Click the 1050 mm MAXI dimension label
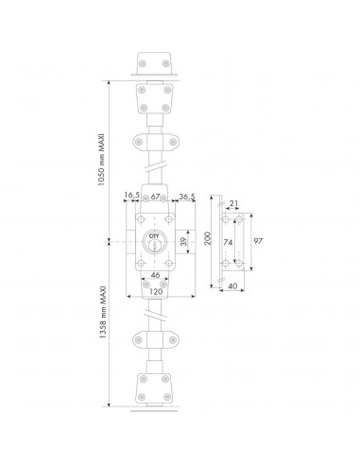pyautogui.click(x=101, y=160)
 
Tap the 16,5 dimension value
pyautogui.click(x=131, y=196)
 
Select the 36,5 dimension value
pyautogui.click(x=187, y=197)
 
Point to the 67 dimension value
pyautogui.click(x=155, y=197)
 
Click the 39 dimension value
pyautogui.click(x=183, y=242)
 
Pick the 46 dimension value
pyautogui.click(x=155, y=275)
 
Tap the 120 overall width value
pyautogui.click(x=156, y=291)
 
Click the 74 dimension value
pyautogui.click(x=228, y=243)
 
